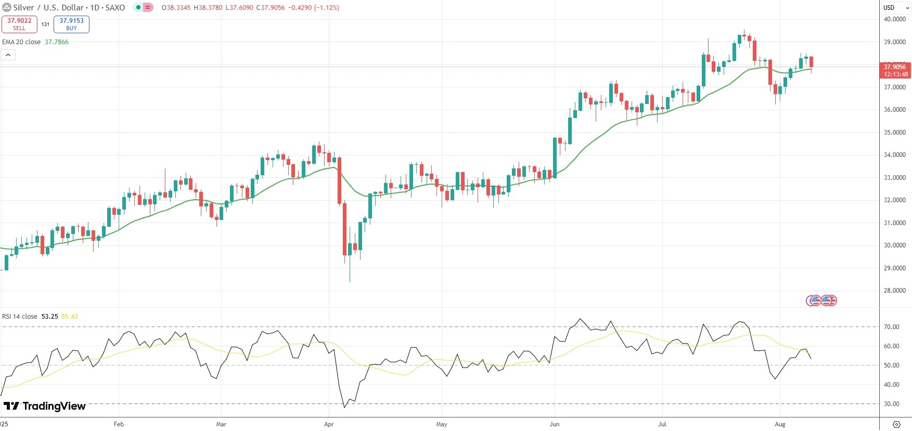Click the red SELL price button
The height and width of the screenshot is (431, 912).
click(x=19, y=24)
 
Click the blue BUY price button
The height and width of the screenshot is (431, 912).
click(x=71, y=24)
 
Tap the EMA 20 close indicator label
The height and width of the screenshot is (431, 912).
click(x=21, y=42)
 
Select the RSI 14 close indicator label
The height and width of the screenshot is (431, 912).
click(x=20, y=316)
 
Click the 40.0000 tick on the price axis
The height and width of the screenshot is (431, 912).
click(x=894, y=19)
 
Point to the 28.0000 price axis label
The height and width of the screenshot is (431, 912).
click(x=894, y=291)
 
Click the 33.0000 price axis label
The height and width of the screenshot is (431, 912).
click(x=894, y=178)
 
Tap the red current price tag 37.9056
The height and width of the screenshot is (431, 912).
click(x=895, y=70)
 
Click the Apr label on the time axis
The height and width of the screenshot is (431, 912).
click(x=329, y=424)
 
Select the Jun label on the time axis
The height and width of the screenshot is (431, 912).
click(x=555, y=424)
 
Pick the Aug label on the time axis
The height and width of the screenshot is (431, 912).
click(x=780, y=424)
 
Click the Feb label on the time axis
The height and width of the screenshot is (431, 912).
click(x=119, y=424)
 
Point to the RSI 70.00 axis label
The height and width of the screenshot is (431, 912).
click(x=891, y=327)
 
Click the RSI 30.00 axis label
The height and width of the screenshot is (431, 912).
click(x=891, y=404)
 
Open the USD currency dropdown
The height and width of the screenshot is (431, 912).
click(x=895, y=7)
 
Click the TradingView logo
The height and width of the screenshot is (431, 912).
click(x=45, y=406)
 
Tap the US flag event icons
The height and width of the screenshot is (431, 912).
click(x=821, y=301)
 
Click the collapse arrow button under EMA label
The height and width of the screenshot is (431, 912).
click(x=8, y=55)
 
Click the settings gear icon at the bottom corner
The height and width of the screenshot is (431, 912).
click(x=896, y=424)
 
